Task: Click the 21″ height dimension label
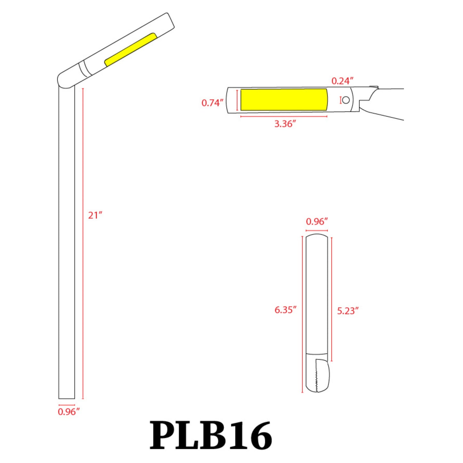95,215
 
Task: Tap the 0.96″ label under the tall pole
69,412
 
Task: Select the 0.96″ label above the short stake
317,221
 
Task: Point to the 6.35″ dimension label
285,310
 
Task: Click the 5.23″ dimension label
348,311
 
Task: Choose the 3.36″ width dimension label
285,124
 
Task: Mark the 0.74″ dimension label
212,103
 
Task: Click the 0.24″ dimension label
342,81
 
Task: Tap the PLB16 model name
211,436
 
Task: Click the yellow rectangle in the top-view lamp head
284,100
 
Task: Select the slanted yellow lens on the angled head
130,50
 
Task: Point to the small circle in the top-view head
346,100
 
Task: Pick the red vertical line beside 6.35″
302,314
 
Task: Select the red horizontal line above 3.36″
284,117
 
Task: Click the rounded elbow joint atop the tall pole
64,80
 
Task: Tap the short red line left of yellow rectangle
237,100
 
